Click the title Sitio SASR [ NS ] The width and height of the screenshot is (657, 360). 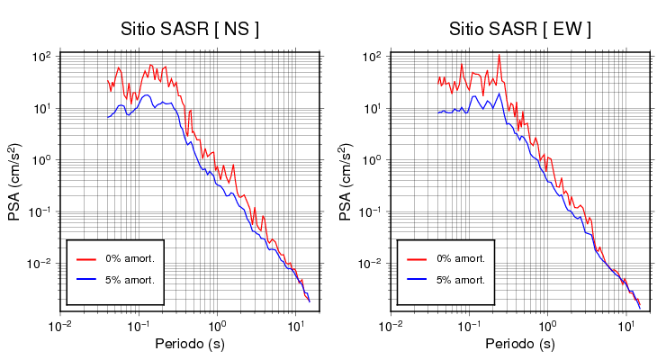point(190,30)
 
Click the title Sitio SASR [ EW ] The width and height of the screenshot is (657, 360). point(520,30)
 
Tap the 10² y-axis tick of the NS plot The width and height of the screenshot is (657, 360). point(41,57)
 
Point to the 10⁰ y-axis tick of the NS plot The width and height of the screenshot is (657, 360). point(41,160)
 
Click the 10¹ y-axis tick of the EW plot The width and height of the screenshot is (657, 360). point(373,109)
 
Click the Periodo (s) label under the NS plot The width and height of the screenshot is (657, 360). point(190,344)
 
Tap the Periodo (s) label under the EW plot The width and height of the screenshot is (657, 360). point(520,344)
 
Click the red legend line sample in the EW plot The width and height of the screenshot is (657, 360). point(416,258)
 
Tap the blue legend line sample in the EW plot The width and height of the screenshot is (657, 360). point(416,280)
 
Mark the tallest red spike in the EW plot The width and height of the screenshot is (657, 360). point(499,57)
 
